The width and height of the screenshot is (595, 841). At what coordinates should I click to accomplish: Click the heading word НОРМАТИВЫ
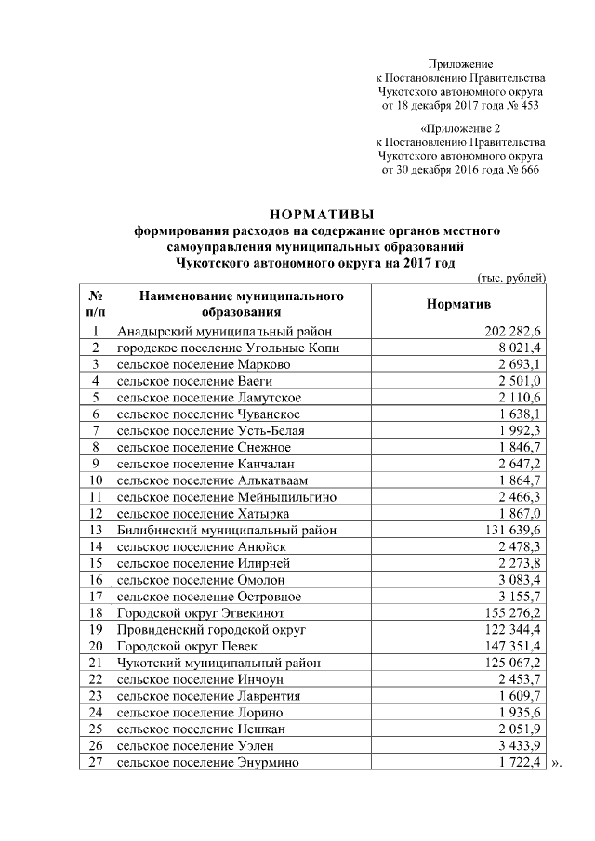320,213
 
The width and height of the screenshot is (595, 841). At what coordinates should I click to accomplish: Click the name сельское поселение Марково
204,364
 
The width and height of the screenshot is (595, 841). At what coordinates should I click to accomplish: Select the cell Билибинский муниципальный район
226,530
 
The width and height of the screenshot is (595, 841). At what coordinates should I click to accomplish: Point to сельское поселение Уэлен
196,745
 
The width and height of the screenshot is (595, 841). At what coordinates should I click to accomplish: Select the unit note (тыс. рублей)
510,278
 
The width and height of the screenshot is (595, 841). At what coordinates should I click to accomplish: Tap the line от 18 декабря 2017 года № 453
461,106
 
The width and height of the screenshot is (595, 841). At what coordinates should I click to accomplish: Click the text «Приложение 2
461,127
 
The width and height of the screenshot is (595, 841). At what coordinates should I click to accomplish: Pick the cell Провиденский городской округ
213,629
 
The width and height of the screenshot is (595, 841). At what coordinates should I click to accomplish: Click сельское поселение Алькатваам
212,480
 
